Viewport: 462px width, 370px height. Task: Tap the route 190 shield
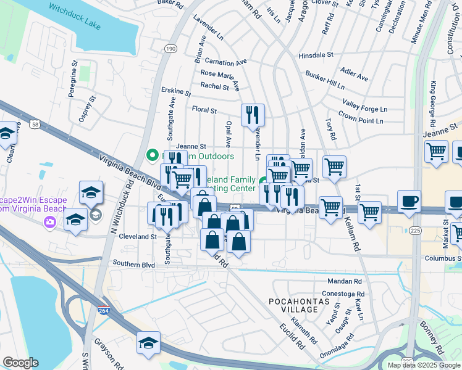click(x=170, y=48)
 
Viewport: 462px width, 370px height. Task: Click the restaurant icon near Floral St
click(x=253, y=114)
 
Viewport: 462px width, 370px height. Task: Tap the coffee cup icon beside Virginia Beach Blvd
click(x=409, y=202)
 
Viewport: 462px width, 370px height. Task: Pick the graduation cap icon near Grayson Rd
click(x=148, y=343)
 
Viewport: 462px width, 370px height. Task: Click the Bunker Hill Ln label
click(x=327, y=78)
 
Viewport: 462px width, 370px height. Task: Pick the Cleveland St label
click(x=137, y=236)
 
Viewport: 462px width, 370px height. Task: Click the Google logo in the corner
click(x=20, y=363)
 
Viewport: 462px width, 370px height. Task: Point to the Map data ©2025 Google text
click(x=424, y=365)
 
